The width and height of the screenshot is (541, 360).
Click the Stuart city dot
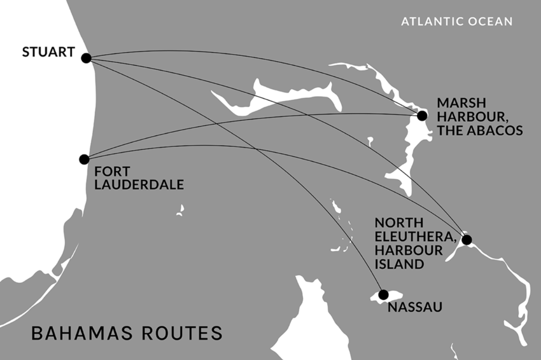pyautogui.click(x=86, y=58)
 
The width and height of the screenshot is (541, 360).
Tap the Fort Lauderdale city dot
pyautogui.click(x=84, y=159)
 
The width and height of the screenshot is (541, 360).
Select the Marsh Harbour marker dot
pyautogui.click(x=422, y=116)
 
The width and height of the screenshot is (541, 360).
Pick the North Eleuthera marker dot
pyautogui.click(x=467, y=240)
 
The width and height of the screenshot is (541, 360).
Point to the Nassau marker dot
pyautogui.click(x=383, y=294)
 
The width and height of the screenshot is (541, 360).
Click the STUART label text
pyautogui.click(x=49, y=52)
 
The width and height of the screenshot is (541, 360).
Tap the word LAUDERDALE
pyautogui.click(x=139, y=185)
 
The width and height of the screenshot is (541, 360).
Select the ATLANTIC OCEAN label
pyautogui.click(x=456, y=21)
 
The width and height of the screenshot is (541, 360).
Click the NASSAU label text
pyautogui.click(x=415, y=306)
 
